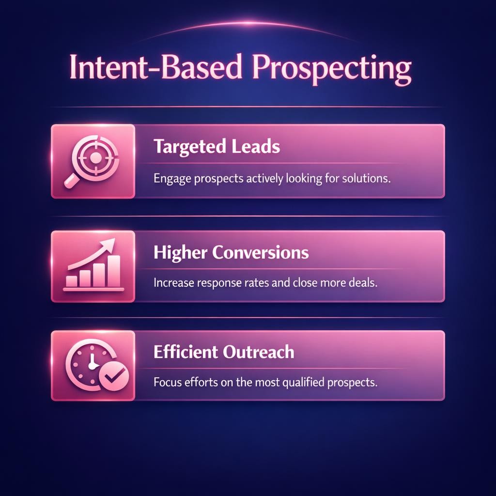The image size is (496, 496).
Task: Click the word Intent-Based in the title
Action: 155,68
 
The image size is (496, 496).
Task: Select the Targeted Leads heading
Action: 217,146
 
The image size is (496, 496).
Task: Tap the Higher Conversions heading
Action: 231,252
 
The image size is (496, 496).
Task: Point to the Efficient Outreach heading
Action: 223,352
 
